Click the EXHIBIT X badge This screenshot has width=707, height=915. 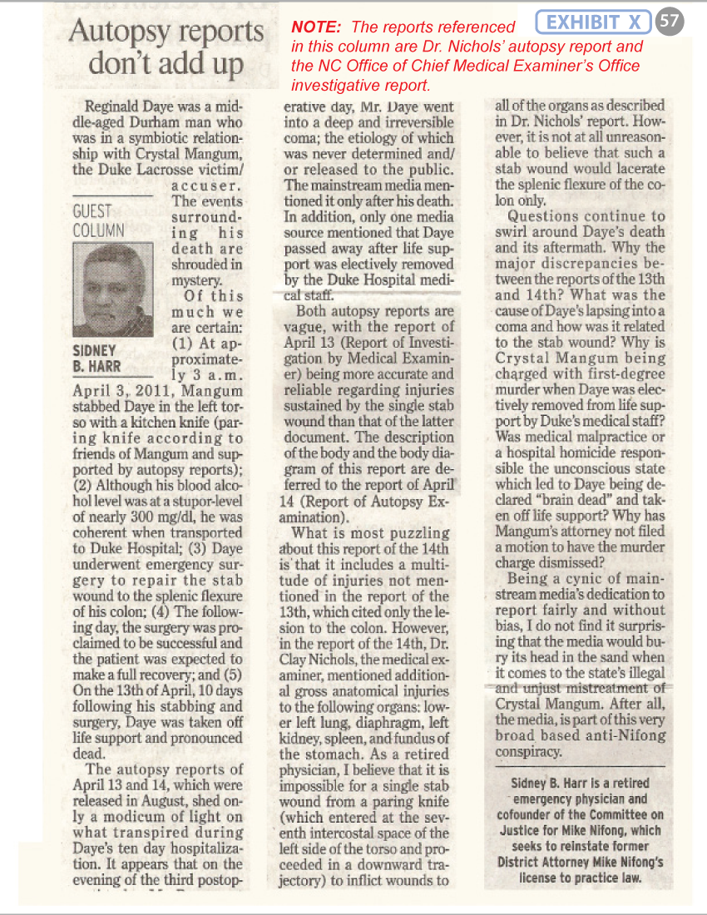tap(593, 22)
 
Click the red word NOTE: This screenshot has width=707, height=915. tap(315, 27)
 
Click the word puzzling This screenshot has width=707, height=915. tap(422, 532)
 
